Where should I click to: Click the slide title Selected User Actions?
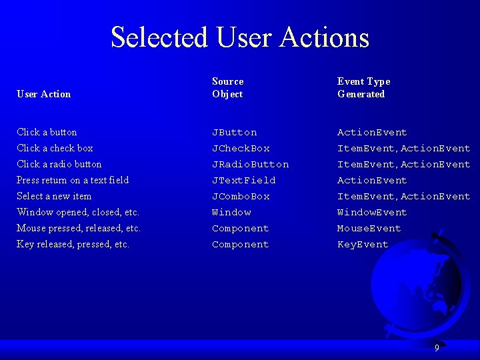[240, 37]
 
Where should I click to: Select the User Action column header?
[43, 94]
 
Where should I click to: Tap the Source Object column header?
[228, 87]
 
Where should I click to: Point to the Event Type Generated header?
[363, 87]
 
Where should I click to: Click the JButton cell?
[234, 132]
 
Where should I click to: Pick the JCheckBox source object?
[241, 148]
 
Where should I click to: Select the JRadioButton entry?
[250, 164]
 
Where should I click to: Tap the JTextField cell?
[243, 180]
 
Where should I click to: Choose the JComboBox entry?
[241, 196]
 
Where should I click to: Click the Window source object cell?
[231, 212]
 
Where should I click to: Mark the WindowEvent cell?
[371, 212]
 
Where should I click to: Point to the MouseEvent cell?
[369, 228]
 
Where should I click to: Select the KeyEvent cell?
[362, 244]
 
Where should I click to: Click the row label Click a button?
[47, 132]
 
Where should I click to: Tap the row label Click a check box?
[55, 148]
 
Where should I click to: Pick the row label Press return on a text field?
[73, 180]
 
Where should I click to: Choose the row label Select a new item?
[54, 196]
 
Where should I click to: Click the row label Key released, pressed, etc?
[73, 244]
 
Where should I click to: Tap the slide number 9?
[437, 347]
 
